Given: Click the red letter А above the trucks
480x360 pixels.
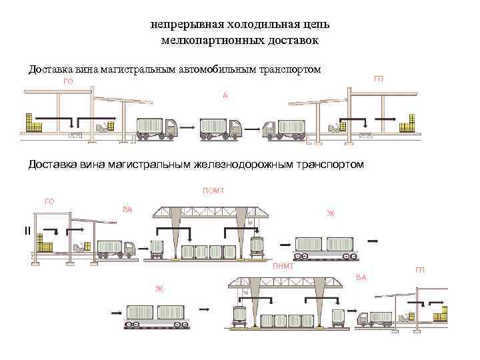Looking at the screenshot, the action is [225, 96].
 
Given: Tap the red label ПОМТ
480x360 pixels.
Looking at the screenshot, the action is [213, 191].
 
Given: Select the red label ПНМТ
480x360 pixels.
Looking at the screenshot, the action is [283, 267].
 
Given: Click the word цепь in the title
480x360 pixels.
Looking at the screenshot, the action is [312, 25].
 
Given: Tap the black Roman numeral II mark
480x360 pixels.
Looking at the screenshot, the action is [27, 231].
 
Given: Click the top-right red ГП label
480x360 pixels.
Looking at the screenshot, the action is [379, 79].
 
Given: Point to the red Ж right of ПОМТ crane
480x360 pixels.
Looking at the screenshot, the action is [330, 214].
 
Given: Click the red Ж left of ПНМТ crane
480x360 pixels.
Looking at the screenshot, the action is [159, 289].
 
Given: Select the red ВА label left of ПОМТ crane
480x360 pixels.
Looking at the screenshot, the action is [128, 209].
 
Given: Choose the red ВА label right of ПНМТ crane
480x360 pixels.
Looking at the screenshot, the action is [361, 277].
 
